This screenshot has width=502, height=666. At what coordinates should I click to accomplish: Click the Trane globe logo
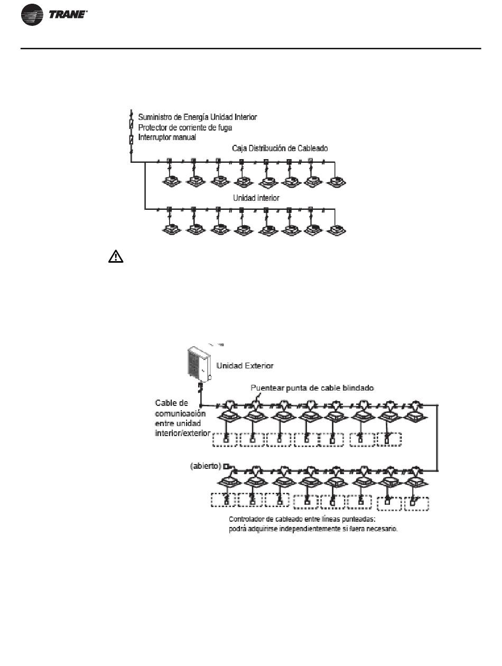tap(32, 15)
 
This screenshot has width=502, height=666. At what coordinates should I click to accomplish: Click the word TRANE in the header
tap(68, 15)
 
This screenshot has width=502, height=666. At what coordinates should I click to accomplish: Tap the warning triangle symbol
tap(116, 256)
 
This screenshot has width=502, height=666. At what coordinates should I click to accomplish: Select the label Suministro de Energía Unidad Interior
tap(198, 117)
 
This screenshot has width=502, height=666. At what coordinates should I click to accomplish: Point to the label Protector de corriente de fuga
tap(185, 127)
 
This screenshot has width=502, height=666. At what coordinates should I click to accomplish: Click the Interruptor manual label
tap(167, 137)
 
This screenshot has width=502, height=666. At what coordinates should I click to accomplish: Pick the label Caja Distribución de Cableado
tap(280, 149)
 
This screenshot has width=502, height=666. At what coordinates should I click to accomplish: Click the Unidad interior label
tap(256, 198)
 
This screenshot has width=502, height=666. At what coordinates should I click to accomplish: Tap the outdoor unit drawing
tap(199, 365)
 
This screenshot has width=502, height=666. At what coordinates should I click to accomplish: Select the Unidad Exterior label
tap(245, 366)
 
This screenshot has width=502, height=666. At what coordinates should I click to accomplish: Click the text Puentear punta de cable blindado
tap(312, 388)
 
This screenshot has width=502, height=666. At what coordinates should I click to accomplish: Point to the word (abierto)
tap(206, 466)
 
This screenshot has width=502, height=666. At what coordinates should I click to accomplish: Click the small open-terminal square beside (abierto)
tap(225, 466)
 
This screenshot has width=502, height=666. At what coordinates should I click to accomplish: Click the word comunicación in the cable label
tap(180, 413)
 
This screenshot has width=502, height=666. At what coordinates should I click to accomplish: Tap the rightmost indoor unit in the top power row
tap(336, 182)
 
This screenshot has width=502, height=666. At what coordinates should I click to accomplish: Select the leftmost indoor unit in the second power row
tap(172, 229)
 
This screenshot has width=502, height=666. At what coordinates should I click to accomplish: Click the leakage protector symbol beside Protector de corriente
tap(132, 124)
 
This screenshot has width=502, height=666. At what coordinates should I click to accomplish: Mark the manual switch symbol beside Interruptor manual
tap(132, 140)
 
